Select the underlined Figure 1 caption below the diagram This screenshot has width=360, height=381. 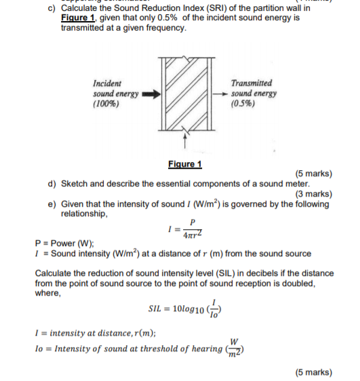tap(184, 165)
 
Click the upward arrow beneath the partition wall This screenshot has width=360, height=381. tap(184, 140)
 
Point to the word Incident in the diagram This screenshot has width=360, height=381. tap(106, 83)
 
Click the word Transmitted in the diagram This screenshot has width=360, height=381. tap(252, 83)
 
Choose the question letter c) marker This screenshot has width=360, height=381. tap(52, 8)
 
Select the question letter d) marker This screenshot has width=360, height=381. tap(52, 184)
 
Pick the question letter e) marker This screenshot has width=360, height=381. tap(52, 203)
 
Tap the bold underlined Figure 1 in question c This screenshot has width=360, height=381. tap(76, 18)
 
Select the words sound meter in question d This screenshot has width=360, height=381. tap(283, 184)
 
